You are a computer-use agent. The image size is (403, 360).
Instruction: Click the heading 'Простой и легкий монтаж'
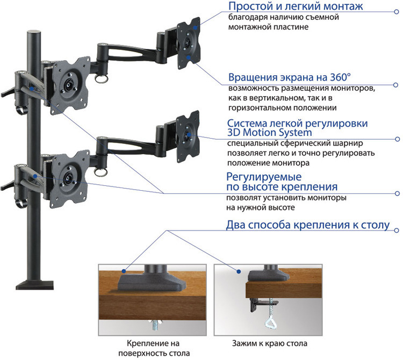pos(296,7)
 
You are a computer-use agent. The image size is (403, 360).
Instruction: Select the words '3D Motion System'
pos(269,133)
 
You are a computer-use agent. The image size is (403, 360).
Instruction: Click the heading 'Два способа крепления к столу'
pos(307,225)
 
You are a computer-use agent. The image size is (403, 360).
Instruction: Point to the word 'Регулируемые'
pos(263,176)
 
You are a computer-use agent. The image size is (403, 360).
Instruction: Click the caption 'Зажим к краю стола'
pos(270,343)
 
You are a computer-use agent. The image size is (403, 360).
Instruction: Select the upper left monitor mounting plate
pos(68,85)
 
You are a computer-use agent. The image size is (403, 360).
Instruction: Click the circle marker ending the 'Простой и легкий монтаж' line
pos(396,8)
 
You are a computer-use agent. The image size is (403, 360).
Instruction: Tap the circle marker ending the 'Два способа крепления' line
pos(397,230)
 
